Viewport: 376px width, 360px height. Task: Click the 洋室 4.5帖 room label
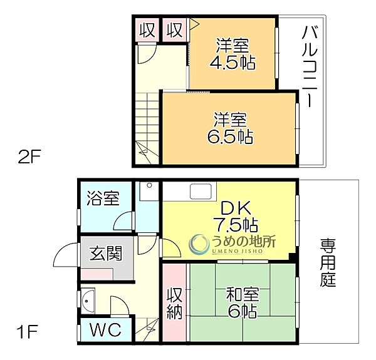coord(233,54)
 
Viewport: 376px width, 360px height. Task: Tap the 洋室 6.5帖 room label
coord(229,128)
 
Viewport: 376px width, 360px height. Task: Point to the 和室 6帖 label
coord(241,302)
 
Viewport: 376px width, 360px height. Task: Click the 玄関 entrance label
coord(105,255)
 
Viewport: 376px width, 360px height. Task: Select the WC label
coord(105,330)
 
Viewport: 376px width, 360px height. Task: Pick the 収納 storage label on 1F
coord(174,303)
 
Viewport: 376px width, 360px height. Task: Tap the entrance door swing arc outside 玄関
coord(66,256)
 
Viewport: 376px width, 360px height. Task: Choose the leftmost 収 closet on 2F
coord(147,29)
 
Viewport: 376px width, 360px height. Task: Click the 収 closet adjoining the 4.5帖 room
coord(175,29)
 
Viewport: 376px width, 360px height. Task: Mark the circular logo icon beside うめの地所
coord(199,243)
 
